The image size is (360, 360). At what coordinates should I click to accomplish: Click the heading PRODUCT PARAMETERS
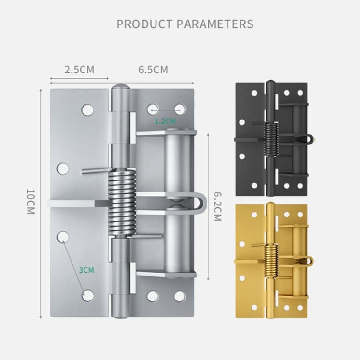185,24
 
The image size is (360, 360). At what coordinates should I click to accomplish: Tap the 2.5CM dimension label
80,69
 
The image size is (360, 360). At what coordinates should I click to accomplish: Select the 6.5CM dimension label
153,69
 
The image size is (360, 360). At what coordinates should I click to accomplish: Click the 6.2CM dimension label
216,206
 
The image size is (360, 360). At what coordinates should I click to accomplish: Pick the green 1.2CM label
165,121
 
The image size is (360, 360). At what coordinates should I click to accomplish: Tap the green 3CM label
86,270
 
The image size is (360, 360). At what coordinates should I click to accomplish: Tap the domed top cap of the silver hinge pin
121,90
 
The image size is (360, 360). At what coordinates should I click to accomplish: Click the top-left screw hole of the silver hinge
87,110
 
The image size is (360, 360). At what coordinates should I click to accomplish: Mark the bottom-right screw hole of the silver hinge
180,296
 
